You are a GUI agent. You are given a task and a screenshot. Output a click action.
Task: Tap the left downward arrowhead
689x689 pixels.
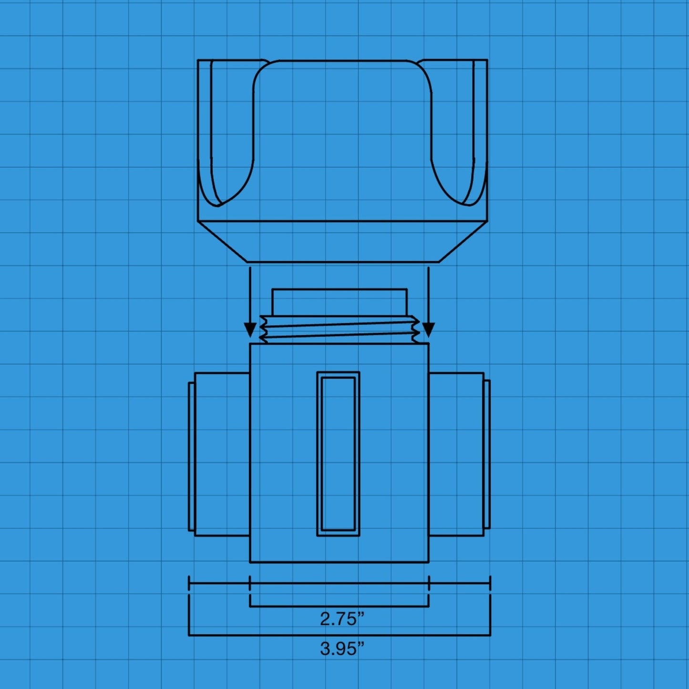250,329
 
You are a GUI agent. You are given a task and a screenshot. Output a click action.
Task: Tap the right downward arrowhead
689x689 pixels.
428,329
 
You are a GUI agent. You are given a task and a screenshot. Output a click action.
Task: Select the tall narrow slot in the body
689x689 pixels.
338,454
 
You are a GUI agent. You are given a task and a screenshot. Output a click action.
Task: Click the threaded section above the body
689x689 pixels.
339,329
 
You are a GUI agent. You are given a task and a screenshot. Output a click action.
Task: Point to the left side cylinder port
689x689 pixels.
222,454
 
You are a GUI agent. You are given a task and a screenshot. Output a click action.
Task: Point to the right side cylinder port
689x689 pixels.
456,454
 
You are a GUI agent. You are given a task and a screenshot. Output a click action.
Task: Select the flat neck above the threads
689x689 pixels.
339,301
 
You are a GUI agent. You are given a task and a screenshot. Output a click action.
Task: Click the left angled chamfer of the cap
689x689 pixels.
223,242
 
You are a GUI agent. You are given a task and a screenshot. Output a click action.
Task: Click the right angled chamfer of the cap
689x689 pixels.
463,242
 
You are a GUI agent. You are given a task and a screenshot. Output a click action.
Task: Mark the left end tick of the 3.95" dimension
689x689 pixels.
189,583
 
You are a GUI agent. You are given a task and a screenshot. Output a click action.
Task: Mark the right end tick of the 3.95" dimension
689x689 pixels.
490,583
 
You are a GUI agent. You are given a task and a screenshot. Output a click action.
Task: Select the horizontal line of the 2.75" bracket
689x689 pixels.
339,607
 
